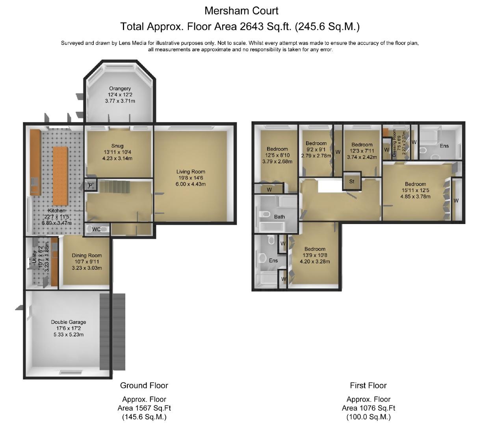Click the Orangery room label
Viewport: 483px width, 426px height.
[x=120, y=88]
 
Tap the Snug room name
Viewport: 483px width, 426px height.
[x=117, y=146]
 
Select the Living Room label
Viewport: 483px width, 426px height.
[x=191, y=172]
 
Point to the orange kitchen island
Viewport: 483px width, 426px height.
[x=60, y=176]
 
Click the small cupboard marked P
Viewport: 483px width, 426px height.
[x=91, y=185]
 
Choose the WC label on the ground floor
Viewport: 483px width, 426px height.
[x=96, y=229]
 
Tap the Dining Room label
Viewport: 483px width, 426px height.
[x=87, y=255]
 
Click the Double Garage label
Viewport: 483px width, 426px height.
[x=69, y=322]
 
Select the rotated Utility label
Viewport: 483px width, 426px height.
[x=34, y=257]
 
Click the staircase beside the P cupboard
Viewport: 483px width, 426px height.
[x=114, y=187]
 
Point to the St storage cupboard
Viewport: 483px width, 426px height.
[x=352, y=181]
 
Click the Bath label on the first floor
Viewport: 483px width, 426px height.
[x=279, y=217]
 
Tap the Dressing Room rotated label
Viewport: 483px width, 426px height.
[x=394, y=143]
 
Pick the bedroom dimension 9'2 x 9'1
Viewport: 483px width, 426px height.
[x=316, y=149]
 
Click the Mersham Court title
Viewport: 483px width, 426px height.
[x=241, y=11]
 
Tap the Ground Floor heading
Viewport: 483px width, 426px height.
[x=144, y=385]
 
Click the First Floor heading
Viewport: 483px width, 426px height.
[x=368, y=385]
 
